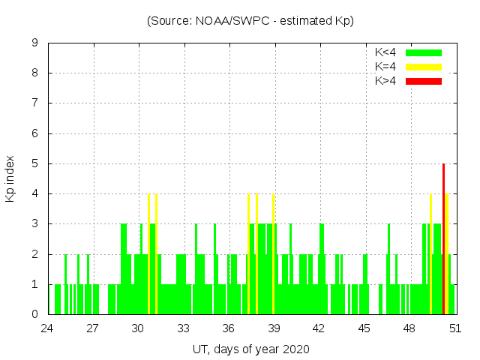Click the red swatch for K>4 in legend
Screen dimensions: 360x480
pos(424,81)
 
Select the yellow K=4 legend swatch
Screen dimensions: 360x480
pos(424,67)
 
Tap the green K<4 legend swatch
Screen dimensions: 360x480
pos(424,52)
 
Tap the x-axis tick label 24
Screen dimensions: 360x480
pos(48,328)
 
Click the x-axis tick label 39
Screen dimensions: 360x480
pos(274,328)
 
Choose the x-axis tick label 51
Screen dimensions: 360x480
pos(454,328)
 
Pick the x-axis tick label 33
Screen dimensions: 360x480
pos(184,328)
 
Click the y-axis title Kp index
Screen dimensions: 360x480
pos(10,178)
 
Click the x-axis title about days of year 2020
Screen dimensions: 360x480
pos(250,349)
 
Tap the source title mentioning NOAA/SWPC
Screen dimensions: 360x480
pos(250,20)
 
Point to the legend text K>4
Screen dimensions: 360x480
pos(385,81)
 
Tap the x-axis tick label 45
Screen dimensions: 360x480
pos(364,328)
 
